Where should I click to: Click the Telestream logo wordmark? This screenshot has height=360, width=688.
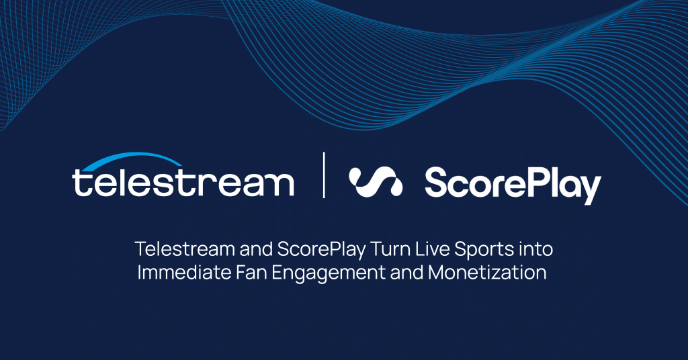coord(183,181)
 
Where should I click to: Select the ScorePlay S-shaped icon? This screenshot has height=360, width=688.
coord(376,181)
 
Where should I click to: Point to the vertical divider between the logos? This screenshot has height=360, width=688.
coord(324,175)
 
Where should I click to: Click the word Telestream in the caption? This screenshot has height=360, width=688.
coord(185,249)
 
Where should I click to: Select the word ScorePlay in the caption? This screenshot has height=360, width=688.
coord(321,250)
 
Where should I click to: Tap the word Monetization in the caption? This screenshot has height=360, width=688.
coord(487,272)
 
